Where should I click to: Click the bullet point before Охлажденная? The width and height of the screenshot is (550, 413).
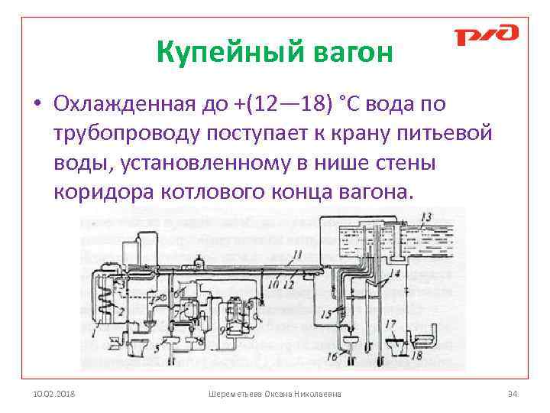pyautogui.click(x=37, y=103)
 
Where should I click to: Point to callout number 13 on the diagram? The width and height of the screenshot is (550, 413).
pyautogui.click(x=425, y=216)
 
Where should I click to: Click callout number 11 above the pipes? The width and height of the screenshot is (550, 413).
pyautogui.click(x=298, y=253)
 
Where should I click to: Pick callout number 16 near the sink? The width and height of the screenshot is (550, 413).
pyautogui.click(x=332, y=356)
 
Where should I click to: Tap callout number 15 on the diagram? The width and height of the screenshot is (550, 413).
pyautogui.click(x=325, y=313)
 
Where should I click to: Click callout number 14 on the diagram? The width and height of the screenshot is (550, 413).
pyautogui.click(x=394, y=273)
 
